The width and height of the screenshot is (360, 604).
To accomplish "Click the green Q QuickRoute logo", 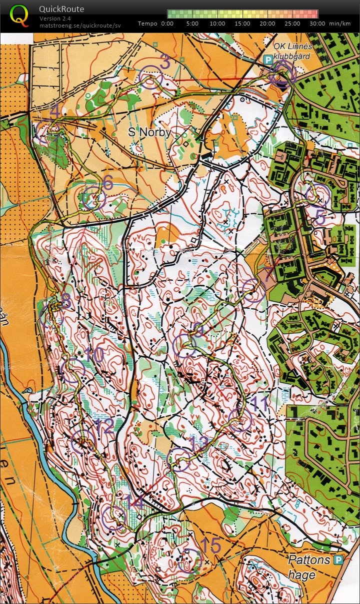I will tap(19, 15).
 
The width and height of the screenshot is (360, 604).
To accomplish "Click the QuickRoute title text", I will tap(61, 9).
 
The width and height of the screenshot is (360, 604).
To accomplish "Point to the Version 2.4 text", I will tap(55, 19).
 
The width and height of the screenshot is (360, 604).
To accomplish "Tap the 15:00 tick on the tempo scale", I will tap(242, 23).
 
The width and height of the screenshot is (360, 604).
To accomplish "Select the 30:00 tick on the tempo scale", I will tap(317, 23).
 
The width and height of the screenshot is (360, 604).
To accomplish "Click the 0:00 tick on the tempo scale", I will tap(167, 23).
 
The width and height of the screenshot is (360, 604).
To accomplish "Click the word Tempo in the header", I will tap(147, 23).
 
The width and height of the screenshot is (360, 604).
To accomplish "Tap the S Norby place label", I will tap(149, 133).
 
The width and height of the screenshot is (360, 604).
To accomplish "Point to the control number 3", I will tap(165, 63).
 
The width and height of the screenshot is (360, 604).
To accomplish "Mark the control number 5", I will tap(320, 218).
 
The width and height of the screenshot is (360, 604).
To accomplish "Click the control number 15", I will tap(210, 545).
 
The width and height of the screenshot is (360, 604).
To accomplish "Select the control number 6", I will tap(107, 183).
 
